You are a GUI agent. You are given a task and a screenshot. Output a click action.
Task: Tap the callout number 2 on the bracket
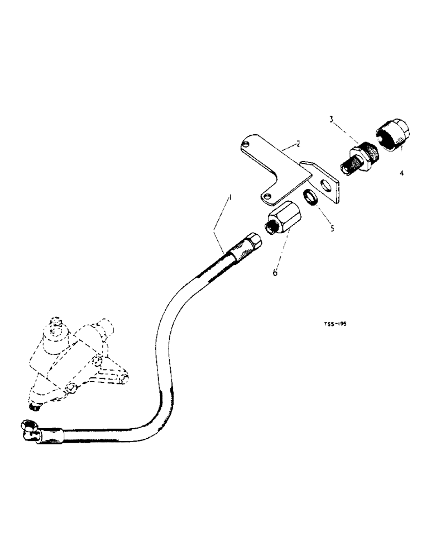click(299, 144)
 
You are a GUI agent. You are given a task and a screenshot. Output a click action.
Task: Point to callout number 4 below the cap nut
click(401, 173)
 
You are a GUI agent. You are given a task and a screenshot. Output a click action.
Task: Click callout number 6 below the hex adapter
click(275, 272)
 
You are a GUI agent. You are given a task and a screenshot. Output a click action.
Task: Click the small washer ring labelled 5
click(311, 197)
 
